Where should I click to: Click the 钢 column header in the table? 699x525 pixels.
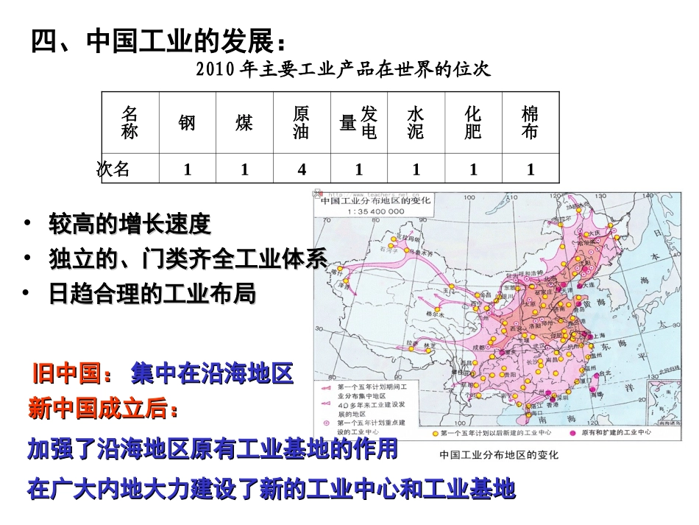pyautogui.click(x=187, y=123)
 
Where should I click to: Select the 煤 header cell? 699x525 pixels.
pyautogui.click(x=244, y=123)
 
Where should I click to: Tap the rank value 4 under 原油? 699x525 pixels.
pyautogui.click(x=302, y=169)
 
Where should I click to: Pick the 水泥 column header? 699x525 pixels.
pyautogui.click(x=416, y=123)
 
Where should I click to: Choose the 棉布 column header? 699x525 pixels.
pyautogui.click(x=530, y=123)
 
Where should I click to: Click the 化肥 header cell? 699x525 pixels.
pyautogui.click(x=473, y=123)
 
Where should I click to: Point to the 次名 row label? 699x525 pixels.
pyautogui.click(x=114, y=169)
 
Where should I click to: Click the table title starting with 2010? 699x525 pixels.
pyautogui.click(x=344, y=69)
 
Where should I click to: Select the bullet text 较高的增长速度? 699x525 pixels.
pyautogui.click(x=129, y=222)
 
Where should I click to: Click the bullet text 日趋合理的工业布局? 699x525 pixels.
pyautogui.click(x=152, y=294)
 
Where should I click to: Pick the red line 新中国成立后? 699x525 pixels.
pyautogui.click(x=103, y=409)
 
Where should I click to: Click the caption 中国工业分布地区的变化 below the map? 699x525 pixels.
pyautogui.click(x=498, y=455)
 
